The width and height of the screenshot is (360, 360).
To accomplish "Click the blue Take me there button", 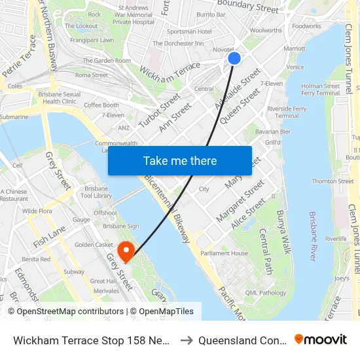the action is point(179,160).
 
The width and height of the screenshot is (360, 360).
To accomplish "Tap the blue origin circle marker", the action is point(234,58).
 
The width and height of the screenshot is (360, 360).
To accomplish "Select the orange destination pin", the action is point(124,251).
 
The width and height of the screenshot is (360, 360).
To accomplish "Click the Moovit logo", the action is point(321,339).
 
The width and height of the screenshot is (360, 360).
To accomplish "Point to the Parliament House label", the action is point(224,253).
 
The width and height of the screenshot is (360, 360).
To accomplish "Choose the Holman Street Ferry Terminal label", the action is point(320,90).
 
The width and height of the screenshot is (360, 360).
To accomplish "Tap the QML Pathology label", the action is point(262,293).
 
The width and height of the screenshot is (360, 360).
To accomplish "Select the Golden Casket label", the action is point(94,245).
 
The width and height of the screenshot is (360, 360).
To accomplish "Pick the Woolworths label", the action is point(266,30).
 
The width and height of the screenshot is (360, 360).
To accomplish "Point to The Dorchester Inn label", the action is point(177,43).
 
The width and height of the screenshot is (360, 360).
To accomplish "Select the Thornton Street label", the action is point(333,181).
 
